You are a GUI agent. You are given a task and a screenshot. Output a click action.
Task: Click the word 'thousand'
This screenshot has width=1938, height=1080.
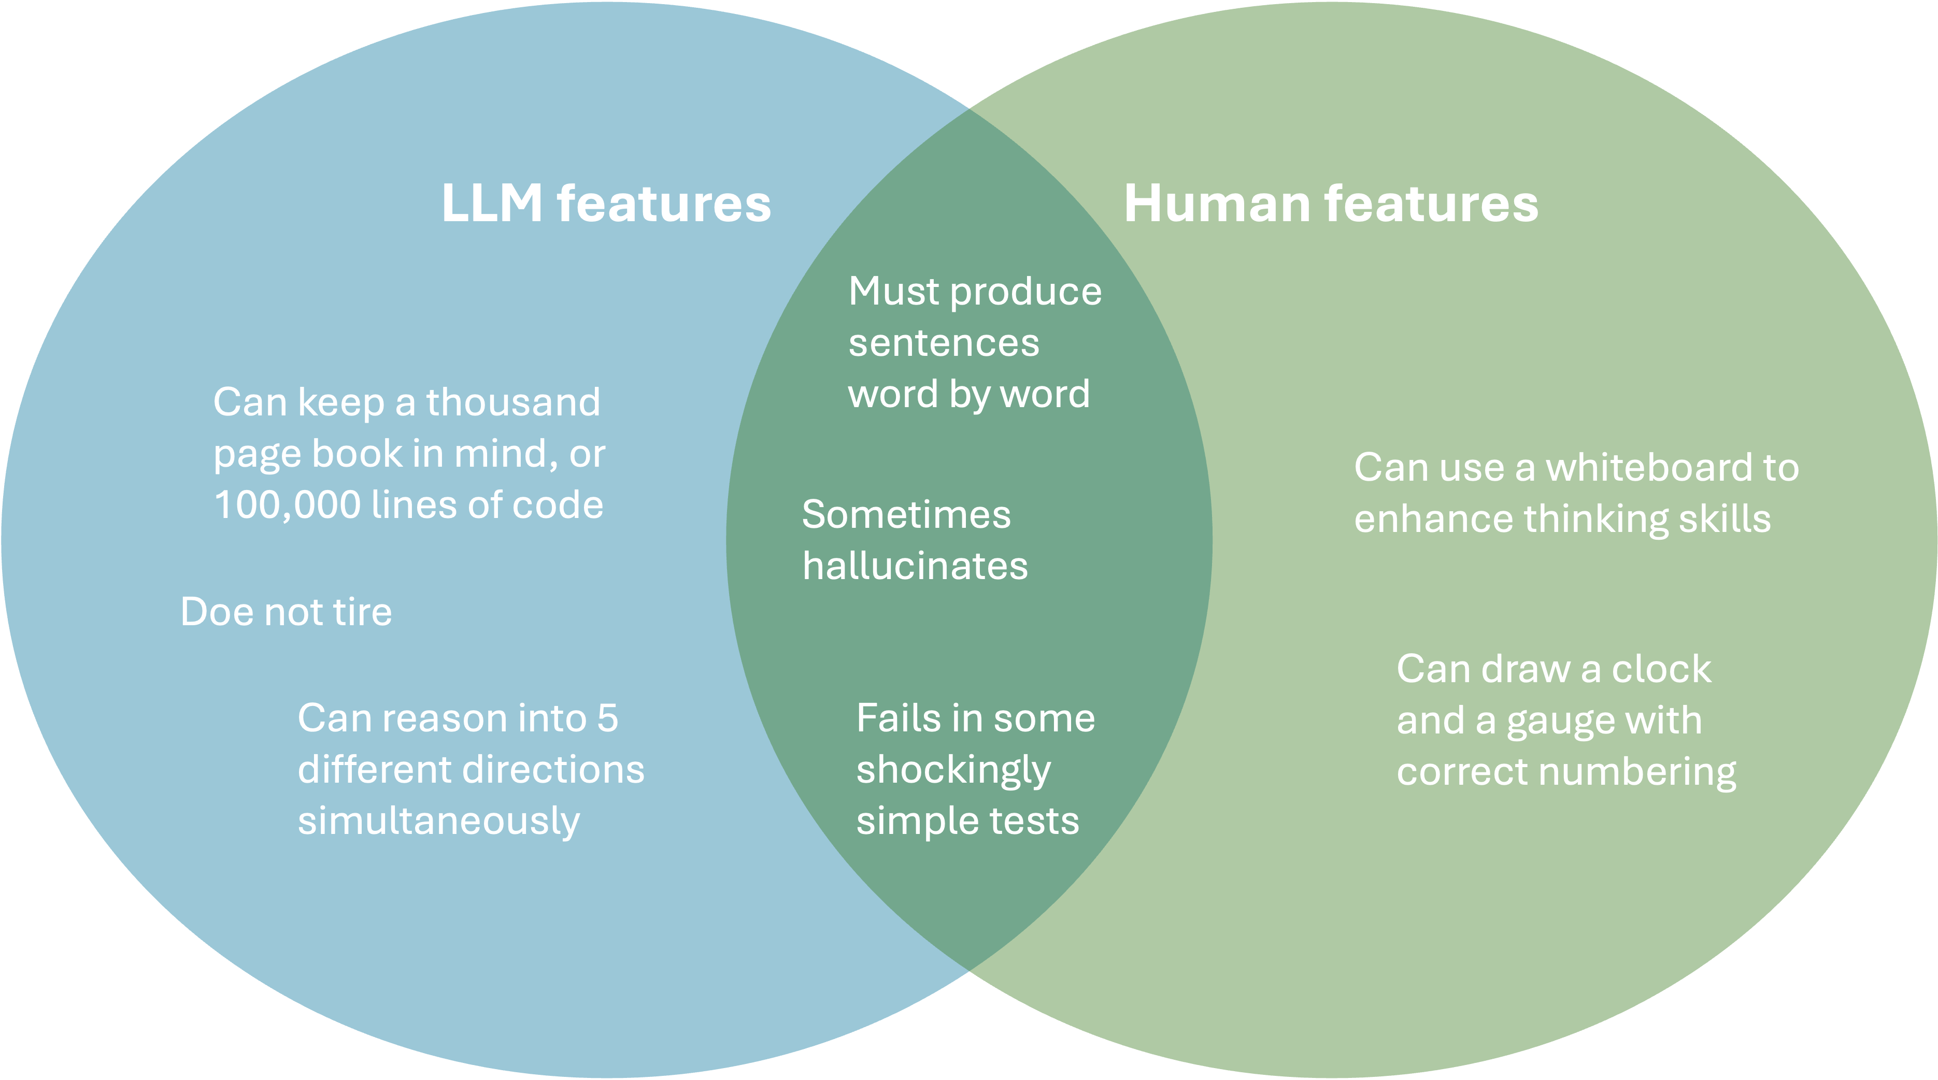click(513, 402)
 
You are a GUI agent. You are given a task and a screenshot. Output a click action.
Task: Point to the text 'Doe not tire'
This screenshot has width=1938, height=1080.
click(286, 611)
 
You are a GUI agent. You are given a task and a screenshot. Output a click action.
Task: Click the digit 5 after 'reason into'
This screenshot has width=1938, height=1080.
click(607, 718)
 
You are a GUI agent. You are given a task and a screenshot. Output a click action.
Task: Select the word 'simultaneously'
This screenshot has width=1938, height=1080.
click(438, 822)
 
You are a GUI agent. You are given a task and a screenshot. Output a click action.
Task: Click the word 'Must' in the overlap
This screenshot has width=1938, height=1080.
click(893, 291)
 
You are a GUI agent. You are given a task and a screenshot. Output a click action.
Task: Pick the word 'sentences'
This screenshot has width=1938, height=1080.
click(944, 343)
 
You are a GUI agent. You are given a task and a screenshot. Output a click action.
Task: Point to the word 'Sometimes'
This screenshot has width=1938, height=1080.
click(906, 515)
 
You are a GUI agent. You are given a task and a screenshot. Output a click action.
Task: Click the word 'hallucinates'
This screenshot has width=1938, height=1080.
click(915, 566)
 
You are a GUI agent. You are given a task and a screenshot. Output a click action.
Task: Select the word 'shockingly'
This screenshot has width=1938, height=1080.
click(953, 771)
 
